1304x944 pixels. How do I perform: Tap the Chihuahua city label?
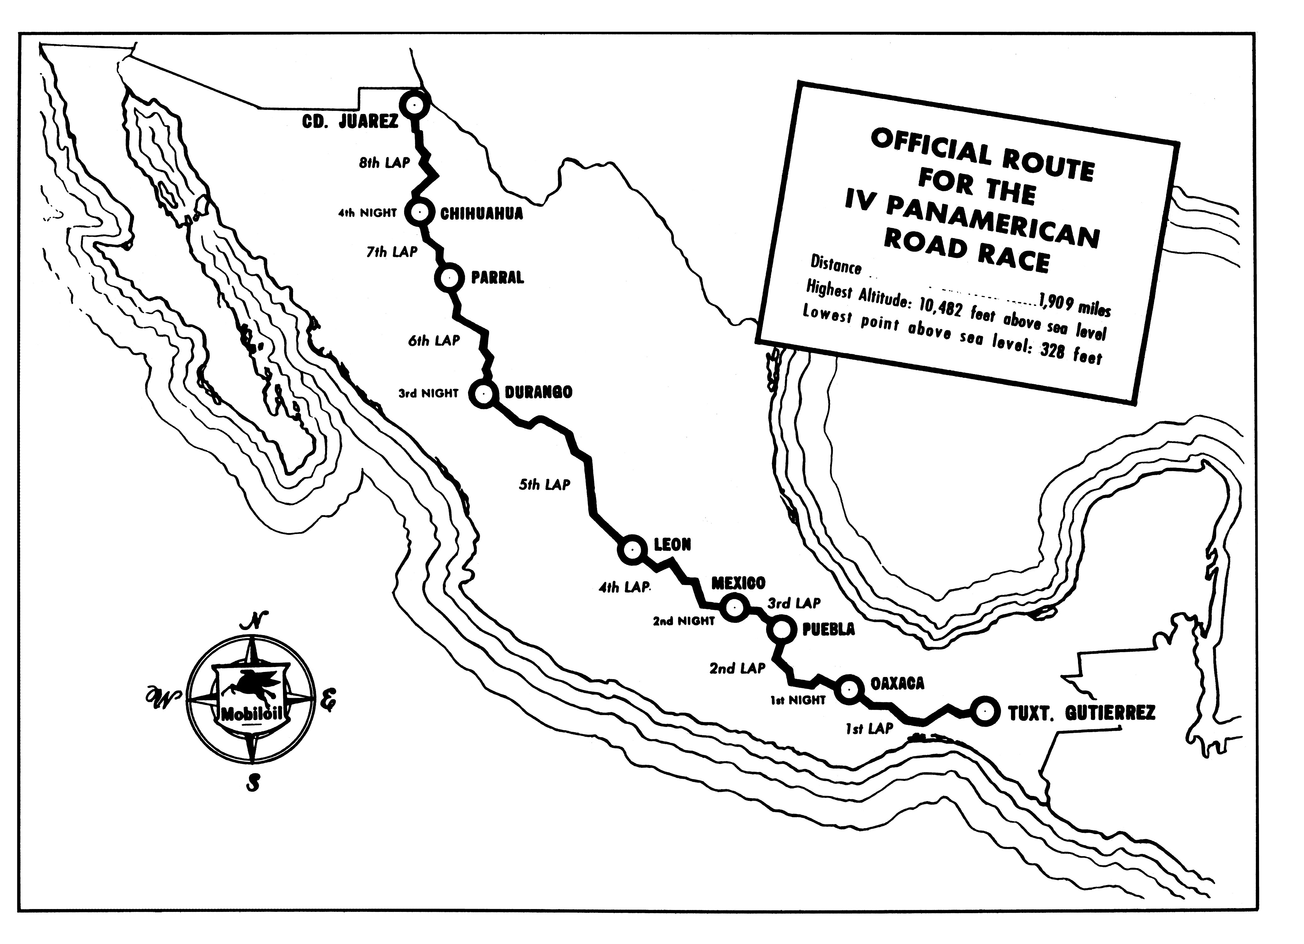pos(482,213)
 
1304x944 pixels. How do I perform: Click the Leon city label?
pos(672,544)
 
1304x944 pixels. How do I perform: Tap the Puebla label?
pos(828,629)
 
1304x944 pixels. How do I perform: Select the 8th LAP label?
pos(385,163)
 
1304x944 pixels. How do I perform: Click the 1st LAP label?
pos(869,729)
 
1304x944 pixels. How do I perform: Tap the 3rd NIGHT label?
pos(428,394)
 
